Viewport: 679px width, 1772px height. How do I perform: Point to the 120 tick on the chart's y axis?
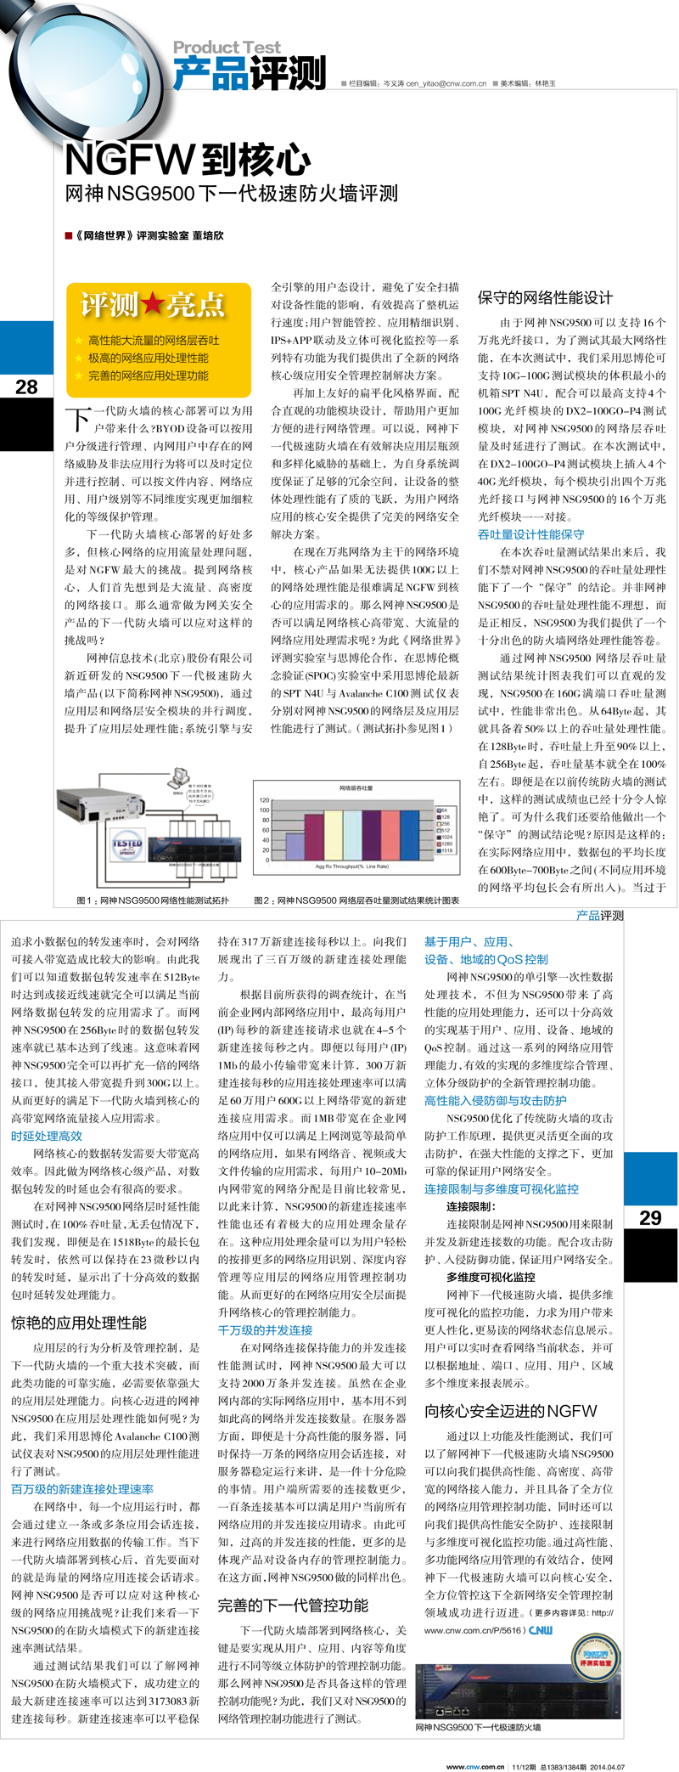coord(265,800)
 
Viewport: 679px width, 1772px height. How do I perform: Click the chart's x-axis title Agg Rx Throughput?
coord(351,866)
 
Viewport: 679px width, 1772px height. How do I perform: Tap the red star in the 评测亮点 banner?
coord(153,304)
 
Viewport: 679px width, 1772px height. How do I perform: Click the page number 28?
coord(26,387)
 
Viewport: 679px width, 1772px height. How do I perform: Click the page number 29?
coord(650,1217)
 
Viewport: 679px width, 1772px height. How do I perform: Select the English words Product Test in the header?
coord(227,48)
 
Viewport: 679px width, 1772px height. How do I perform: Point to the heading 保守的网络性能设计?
coord(544,298)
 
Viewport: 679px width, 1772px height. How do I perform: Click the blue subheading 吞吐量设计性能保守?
coord(530,534)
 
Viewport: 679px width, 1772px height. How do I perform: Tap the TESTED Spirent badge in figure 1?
coord(127,844)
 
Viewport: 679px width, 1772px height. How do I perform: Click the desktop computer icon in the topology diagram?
coord(179,777)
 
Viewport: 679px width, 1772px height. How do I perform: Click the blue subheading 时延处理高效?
coord(47,1136)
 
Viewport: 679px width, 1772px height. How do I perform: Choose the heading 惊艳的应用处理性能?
coord(78,1323)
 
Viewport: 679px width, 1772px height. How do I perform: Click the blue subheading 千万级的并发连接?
coord(265,1330)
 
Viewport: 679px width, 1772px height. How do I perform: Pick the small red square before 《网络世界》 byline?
coord(69,235)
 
